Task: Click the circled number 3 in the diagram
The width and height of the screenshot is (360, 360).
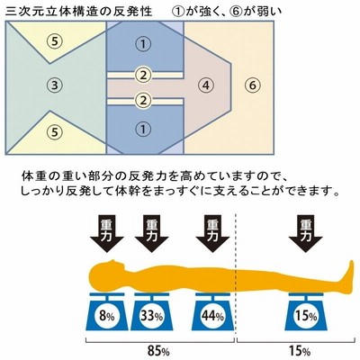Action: (54, 85)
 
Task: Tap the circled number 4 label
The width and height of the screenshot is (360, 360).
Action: (205, 85)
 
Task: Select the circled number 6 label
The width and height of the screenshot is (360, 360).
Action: (253, 85)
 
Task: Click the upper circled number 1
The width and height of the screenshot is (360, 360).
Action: (143, 44)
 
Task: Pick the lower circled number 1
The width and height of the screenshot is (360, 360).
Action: (143, 130)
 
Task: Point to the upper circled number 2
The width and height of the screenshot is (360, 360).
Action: (143, 75)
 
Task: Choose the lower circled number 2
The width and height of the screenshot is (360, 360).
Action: (143, 100)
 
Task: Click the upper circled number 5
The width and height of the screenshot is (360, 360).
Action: (54, 41)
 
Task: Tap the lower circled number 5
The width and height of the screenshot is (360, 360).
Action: (54, 131)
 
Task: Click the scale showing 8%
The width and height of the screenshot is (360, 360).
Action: (107, 311)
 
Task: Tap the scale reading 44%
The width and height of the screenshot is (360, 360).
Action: (212, 311)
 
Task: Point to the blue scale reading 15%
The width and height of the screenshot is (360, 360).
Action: (306, 311)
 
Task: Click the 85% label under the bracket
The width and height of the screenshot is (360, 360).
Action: (158, 351)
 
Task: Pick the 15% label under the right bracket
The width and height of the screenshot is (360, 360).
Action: (300, 351)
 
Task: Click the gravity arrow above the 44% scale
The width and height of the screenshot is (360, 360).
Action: (212, 234)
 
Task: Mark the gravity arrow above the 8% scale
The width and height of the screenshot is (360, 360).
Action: (107, 234)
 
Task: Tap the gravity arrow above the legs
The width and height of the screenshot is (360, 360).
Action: (306, 234)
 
